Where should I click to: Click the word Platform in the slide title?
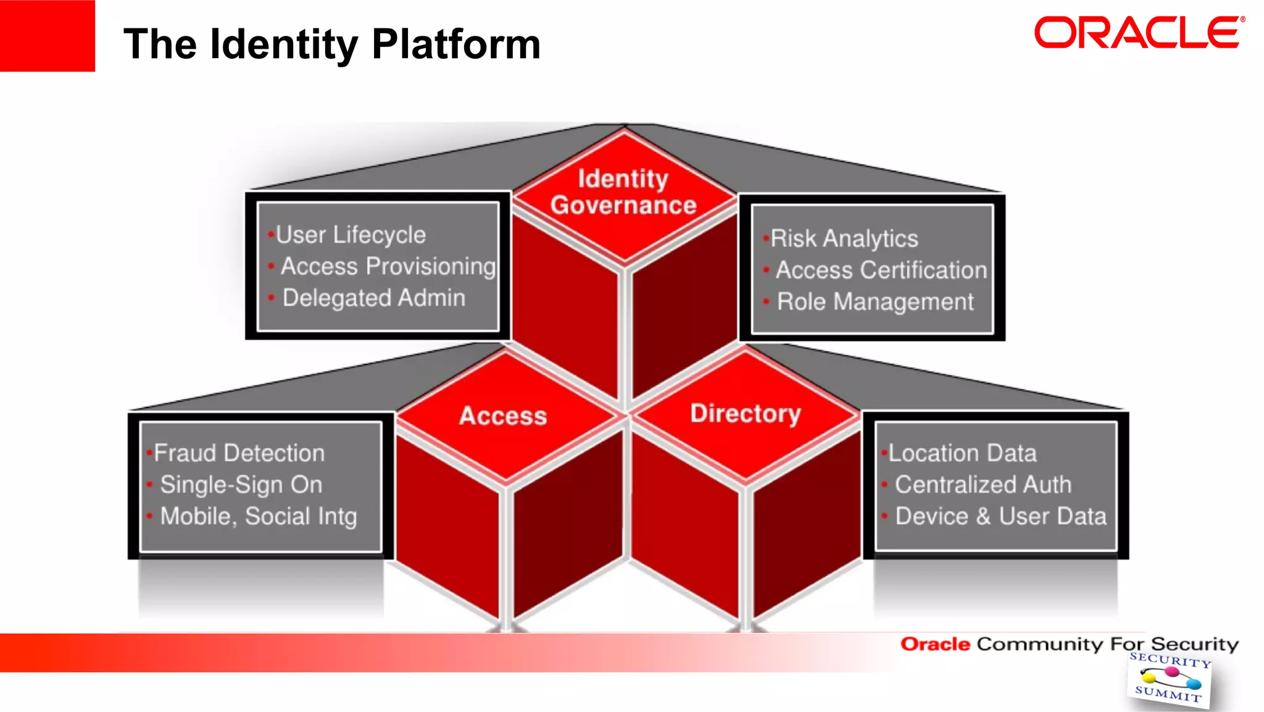click(456, 44)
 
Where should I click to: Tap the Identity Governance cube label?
click(623, 192)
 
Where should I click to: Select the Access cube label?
click(503, 416)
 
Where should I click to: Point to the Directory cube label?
click(746, 413)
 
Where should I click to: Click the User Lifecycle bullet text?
click(351, 235)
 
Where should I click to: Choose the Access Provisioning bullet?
click(388, 266)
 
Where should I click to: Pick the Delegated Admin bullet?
click(373, 298)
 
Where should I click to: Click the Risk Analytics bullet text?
click(844, 238)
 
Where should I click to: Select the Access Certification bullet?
click(881, 270)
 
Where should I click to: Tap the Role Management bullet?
click(875, 301)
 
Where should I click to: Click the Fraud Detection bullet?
click(239, 453)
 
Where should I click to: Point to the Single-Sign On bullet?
click(241, 485)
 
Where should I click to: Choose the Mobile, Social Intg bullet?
click(259, 516)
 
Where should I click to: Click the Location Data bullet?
click(962, 453)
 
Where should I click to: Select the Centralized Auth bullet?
click(983, 485)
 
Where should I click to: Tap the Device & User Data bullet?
click(1000, 516)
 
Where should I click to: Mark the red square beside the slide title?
click(48, 36)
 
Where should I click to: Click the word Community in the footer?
click(1039, 644)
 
